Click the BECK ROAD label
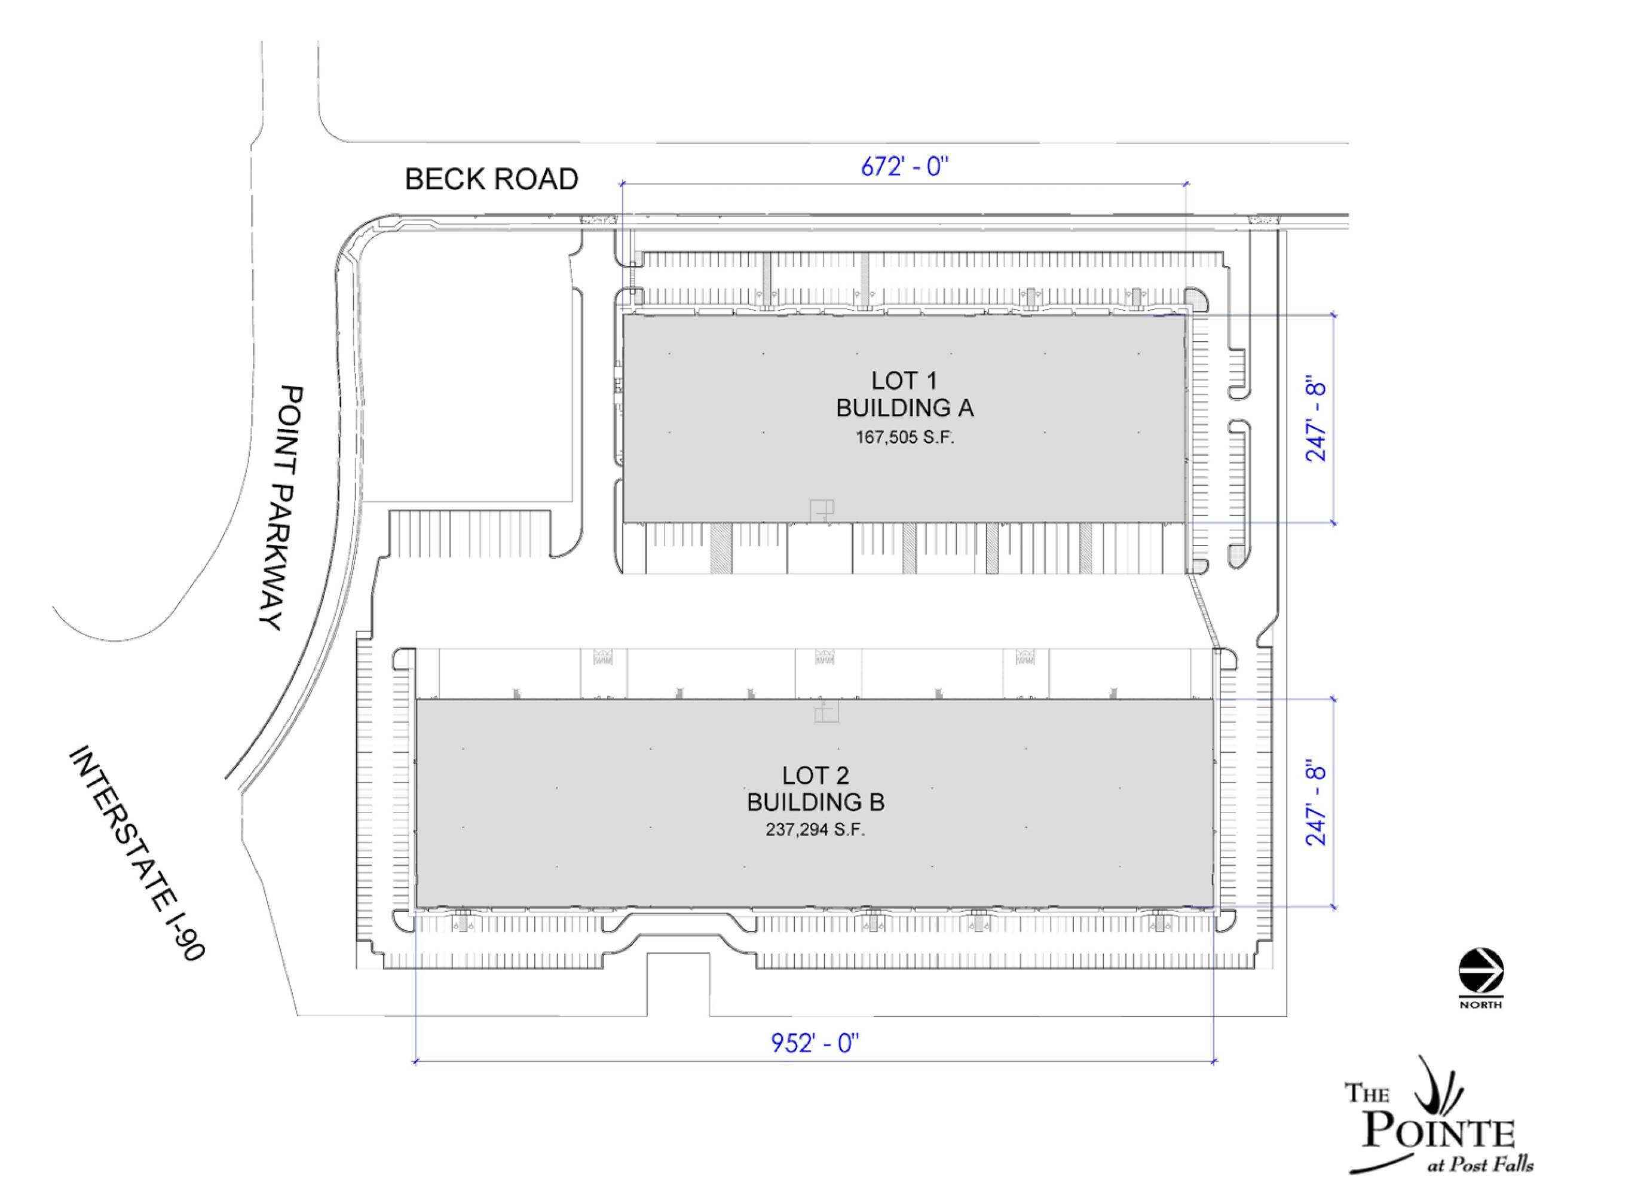[491, 179]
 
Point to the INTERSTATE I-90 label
[137, 853]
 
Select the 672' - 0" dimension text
[905, 167]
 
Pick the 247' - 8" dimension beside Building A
[1316, 418]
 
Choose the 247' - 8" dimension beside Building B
[1316, 803]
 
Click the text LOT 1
[904, 381]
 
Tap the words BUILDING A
[904, 408]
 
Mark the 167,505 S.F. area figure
[904, 437]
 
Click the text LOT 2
[816, 776]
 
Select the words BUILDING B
[816, 802]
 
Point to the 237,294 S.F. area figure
[816, 830]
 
